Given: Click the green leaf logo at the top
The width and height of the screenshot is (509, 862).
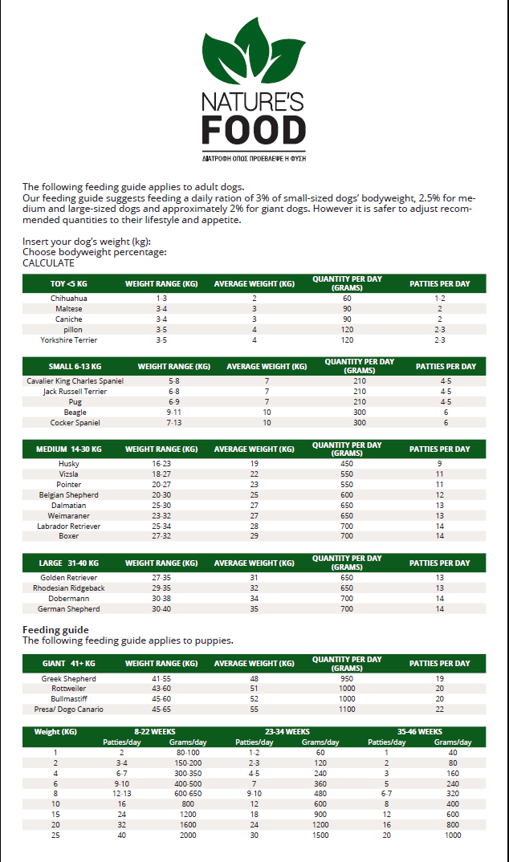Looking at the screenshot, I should (253, 52).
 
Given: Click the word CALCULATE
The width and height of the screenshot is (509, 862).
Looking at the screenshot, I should (48, 263).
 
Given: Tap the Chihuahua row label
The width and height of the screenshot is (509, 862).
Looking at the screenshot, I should (69, 299).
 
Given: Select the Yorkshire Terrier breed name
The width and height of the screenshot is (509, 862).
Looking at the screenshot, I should (69, 340).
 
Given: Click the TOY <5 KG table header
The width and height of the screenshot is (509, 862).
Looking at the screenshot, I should (69, 284).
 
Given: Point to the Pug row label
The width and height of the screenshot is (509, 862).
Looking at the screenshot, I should (75, 402).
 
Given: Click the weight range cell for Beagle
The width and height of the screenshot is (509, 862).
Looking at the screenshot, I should (174, 413).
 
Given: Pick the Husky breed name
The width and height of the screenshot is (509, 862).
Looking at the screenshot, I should (69, 464).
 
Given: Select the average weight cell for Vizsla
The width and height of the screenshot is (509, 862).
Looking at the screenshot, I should (254, 474).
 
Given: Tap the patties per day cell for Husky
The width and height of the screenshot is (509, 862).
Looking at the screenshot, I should (439, 464).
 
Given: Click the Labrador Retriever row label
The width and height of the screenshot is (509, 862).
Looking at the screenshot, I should (69, 527).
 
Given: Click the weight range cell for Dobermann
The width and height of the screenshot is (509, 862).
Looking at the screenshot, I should (161, 599).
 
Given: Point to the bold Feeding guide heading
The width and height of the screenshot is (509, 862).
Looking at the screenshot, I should (55, 630).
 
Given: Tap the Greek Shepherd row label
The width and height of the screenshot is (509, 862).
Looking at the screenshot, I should (69, 679).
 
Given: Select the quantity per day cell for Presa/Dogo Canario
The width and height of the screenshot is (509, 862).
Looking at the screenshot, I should (347, 710).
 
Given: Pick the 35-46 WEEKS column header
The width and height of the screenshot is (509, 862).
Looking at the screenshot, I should (420, 732).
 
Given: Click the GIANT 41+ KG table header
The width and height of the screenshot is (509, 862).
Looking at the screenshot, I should (69, 664).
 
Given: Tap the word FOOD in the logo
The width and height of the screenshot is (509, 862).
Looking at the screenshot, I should (254, 129).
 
